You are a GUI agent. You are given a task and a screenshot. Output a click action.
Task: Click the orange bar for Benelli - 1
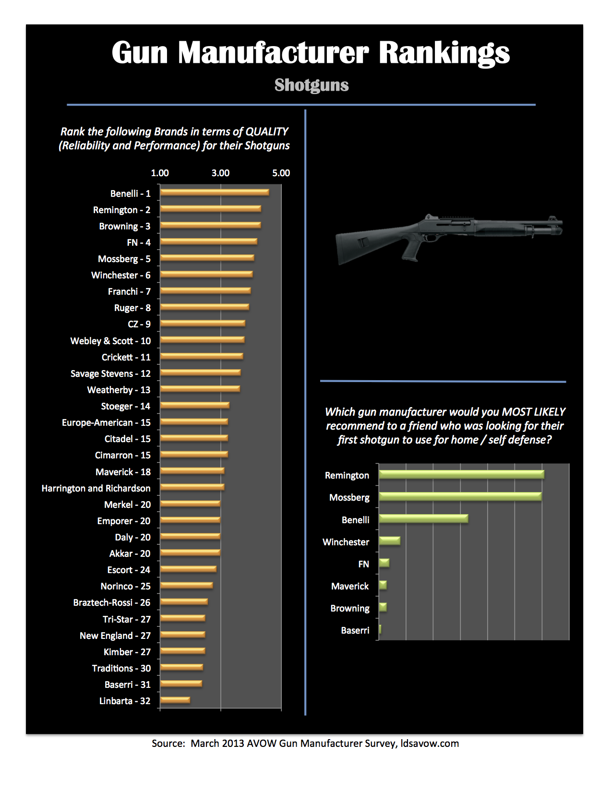215,192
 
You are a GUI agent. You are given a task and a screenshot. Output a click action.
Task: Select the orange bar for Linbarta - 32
175,700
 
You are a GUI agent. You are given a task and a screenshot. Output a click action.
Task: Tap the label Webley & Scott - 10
110,341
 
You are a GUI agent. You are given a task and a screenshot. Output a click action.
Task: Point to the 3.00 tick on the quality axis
220,173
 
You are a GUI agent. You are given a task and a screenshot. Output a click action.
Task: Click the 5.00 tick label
281,173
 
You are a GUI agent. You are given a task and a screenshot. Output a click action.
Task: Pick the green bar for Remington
461,475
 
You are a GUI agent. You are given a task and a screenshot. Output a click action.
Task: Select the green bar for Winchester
389,541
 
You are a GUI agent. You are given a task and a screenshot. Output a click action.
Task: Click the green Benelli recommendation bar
423,519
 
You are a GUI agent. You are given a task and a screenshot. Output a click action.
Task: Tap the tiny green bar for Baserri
380,630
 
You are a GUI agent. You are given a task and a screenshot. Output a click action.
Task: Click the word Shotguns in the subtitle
312,85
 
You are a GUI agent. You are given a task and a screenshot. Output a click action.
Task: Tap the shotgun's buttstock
358,245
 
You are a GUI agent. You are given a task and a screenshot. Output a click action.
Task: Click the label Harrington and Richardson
96,488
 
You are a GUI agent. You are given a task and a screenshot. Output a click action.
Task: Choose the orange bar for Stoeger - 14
195,406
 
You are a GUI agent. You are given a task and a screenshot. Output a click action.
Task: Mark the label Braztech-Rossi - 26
111,602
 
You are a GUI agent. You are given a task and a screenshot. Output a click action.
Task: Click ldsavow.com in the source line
430,744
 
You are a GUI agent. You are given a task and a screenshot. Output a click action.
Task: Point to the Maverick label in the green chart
350,586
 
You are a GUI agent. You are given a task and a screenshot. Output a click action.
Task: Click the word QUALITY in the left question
266,132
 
